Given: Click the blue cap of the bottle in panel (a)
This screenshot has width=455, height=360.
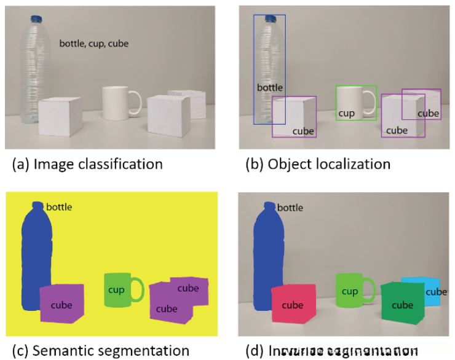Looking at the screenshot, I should pyautogui.click(x=36, y=19).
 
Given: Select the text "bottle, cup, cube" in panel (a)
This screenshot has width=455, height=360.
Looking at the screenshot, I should pyautogui.click(x=94, y=44).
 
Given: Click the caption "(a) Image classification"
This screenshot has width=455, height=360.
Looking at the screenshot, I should pyautogui.click(x=87, y=164).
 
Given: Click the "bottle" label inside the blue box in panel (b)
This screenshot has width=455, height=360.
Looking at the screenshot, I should pyautogui.click(x=269, y=88).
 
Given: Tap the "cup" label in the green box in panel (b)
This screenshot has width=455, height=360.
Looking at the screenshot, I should pyautogui.click(x=346, y=113).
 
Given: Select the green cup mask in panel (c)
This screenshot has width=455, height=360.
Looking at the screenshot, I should pyautogui.click(x=117, y=289).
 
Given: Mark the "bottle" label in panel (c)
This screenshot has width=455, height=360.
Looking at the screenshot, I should pyautogui.click(x=59, y=207).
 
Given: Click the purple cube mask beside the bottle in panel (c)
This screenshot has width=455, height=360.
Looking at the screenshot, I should pyautogui.click(x=61, y=304).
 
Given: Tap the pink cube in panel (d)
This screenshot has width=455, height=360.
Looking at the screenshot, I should pyautogui.click(x=293, y=304).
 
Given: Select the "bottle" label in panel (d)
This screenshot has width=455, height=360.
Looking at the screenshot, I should pyautogui.click(x=290, y=208).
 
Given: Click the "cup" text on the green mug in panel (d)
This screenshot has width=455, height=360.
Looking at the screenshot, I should pyautogui.click(x=349, y=291).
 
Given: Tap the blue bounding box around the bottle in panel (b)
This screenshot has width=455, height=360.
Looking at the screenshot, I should pyautogui.click(x=254, y=68).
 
